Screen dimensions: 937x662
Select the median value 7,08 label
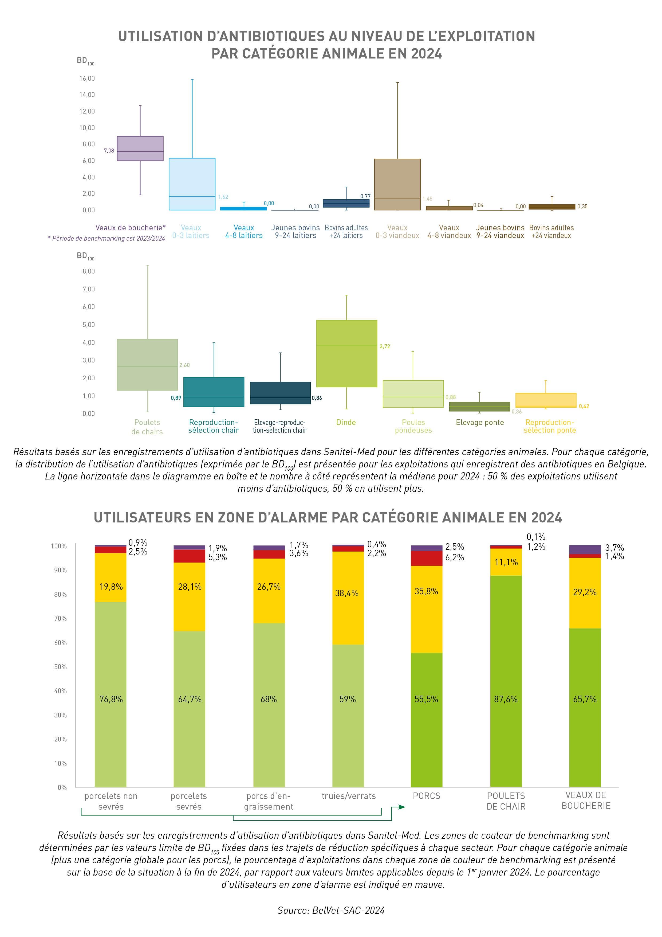pos(109,151)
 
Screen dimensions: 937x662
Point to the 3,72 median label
pos(385,346)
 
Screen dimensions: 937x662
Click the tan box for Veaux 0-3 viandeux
pos(397,185)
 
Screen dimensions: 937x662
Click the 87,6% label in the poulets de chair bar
pos(506,699)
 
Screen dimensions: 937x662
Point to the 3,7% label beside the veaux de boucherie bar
pos(614,548)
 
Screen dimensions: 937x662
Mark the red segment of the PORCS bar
pos(426,558)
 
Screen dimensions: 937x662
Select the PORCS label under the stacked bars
pos(426,796)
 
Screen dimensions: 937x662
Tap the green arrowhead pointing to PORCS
pos(402,807)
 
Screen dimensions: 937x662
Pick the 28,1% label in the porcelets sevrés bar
pos(190,587)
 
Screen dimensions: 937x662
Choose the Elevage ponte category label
pos(480,422)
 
